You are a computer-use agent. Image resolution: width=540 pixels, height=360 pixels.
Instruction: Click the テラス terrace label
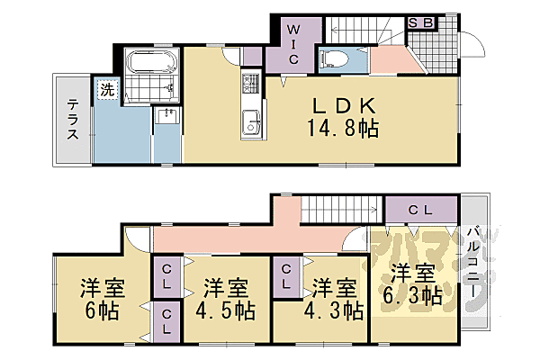[x=73, y=120]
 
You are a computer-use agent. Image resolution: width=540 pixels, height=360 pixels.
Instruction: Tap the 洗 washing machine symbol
[x=107, y=89]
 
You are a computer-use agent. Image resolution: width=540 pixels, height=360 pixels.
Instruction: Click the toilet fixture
[x=332, y=59]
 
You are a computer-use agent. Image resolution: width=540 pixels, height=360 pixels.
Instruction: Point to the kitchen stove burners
[x=248, y=85]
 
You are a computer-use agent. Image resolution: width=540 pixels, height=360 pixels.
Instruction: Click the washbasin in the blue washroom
[x=166, y=117]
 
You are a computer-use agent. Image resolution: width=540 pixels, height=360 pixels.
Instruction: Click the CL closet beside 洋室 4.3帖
[x=286, y=275]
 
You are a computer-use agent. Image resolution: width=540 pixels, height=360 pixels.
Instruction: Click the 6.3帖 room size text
[x=415, y=295]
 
